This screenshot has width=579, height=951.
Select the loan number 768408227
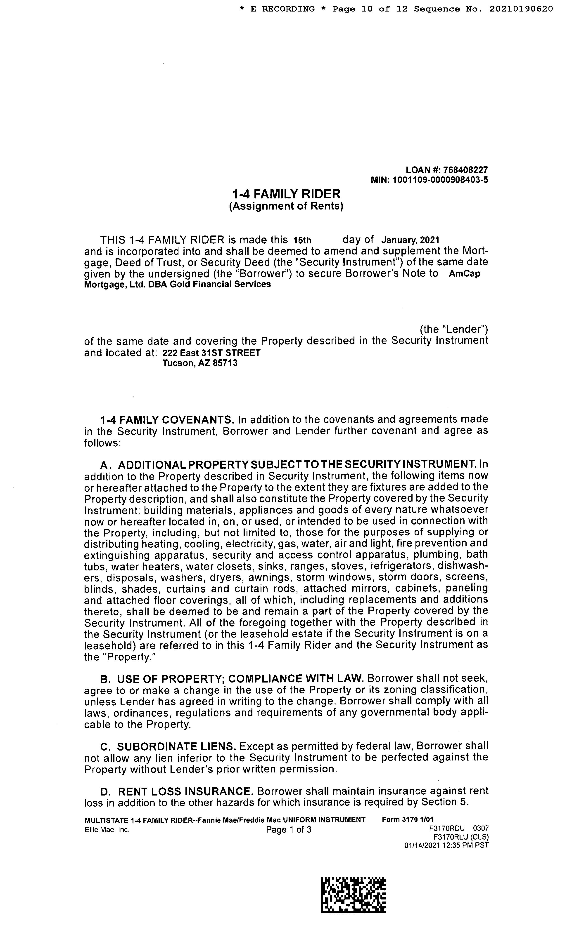pos(465,170)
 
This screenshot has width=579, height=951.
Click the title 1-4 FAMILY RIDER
pos(286,193)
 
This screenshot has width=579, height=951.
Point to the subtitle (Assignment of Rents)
pos(286,206)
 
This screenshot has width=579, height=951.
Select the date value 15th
pos(302,240)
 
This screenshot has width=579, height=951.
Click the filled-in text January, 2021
pos(410,240)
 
